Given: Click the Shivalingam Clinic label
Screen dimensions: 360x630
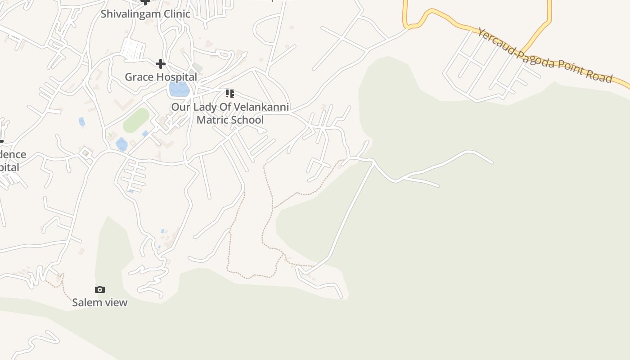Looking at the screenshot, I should tap(145, 13).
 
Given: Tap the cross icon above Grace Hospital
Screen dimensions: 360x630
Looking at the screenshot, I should tap(161, 64).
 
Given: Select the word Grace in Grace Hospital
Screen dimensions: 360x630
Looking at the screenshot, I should tap(136, 77).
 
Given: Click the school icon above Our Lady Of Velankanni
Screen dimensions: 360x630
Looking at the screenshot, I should tap(230, 94).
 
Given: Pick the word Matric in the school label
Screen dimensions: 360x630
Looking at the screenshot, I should tap(213, 120).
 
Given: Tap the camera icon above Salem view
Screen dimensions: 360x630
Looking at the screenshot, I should tap(100, 289).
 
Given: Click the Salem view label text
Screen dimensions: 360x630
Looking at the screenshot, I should tap(100, 302).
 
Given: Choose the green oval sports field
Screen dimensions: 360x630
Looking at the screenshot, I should tap(136, 120).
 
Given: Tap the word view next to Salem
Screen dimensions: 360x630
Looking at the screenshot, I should tap(117, 302).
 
